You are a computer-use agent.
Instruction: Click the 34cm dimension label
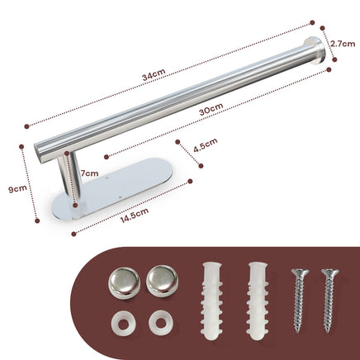(x=154, y=74)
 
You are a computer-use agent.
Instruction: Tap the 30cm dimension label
(x=211, y=109)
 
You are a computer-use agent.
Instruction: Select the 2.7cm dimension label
(x=343, y=44)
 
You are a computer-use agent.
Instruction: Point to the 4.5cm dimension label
(x=206, y=145)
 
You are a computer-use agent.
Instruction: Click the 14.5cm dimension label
(x=135, y=216)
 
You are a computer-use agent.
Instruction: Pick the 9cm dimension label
(x=17, y=188)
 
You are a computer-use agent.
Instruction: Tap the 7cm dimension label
(x=89, y=173)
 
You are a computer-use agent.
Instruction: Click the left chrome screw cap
(x=125, y=282)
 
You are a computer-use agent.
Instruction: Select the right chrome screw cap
(x=162, y=281)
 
